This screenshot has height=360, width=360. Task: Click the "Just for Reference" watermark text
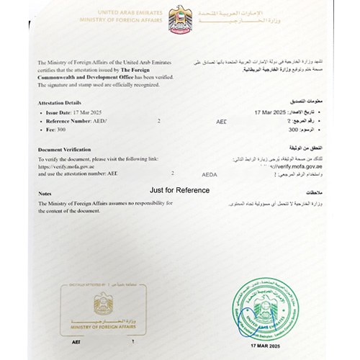click(179, 190)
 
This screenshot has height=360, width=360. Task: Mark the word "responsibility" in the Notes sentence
click(148, 203)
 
